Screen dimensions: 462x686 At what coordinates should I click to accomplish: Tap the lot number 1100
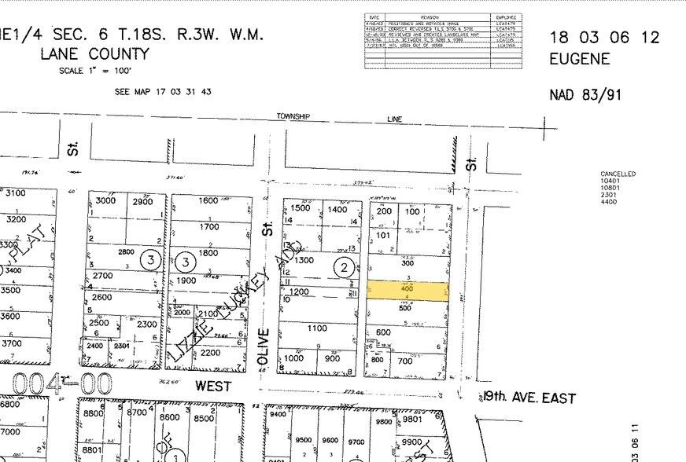pos(317,328)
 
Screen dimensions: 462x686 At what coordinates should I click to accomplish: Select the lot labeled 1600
pos(208,200)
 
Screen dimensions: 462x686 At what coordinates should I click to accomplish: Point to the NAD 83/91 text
pos(585,95)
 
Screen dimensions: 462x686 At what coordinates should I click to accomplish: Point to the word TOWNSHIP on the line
pos(293,116)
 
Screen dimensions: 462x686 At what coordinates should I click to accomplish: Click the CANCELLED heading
pos(618,174)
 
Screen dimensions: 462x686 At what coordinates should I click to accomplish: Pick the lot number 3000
pos(105,201)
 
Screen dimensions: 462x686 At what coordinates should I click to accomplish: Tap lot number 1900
pos(185,280)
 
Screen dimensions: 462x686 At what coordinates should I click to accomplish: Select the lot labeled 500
pos(404,308)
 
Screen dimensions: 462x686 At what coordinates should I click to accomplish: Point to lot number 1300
pos(303,260)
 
